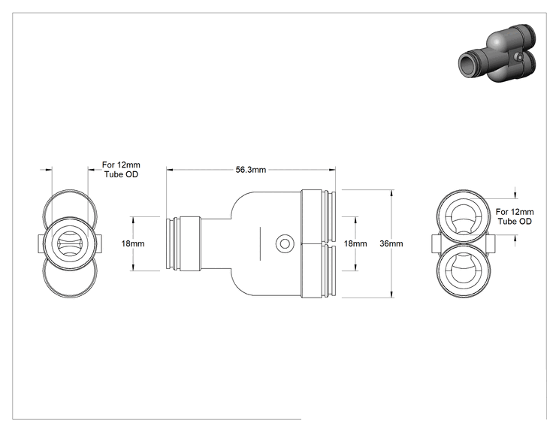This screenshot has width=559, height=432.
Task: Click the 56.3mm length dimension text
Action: coord(251,170)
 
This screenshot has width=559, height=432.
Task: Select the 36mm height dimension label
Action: coord(391,243)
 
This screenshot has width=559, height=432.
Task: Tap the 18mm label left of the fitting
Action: coord(133,243)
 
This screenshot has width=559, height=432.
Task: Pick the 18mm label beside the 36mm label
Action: coord(355,243)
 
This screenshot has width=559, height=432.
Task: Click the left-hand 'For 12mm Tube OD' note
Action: coord(121,169)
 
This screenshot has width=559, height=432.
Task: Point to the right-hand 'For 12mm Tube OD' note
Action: coord(515,216)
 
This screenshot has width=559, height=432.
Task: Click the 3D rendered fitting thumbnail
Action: coord(497,54)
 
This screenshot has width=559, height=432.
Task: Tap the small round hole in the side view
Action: coord(285,244)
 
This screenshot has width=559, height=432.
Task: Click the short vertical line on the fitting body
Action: coord(260,243)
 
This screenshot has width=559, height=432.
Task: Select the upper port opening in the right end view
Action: coord(463,217)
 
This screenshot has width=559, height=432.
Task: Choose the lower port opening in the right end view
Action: coord(463,271)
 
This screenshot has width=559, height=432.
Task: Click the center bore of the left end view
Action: coord(70,244)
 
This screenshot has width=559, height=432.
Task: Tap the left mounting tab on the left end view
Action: coord(41,244)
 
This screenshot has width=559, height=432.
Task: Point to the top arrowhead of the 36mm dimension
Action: coord(391,193)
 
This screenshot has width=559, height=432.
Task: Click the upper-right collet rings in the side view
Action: coord(328,216)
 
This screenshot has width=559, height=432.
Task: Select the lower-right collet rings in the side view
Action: coord(328,270)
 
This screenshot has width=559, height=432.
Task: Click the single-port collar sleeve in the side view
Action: coord(190,244)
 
